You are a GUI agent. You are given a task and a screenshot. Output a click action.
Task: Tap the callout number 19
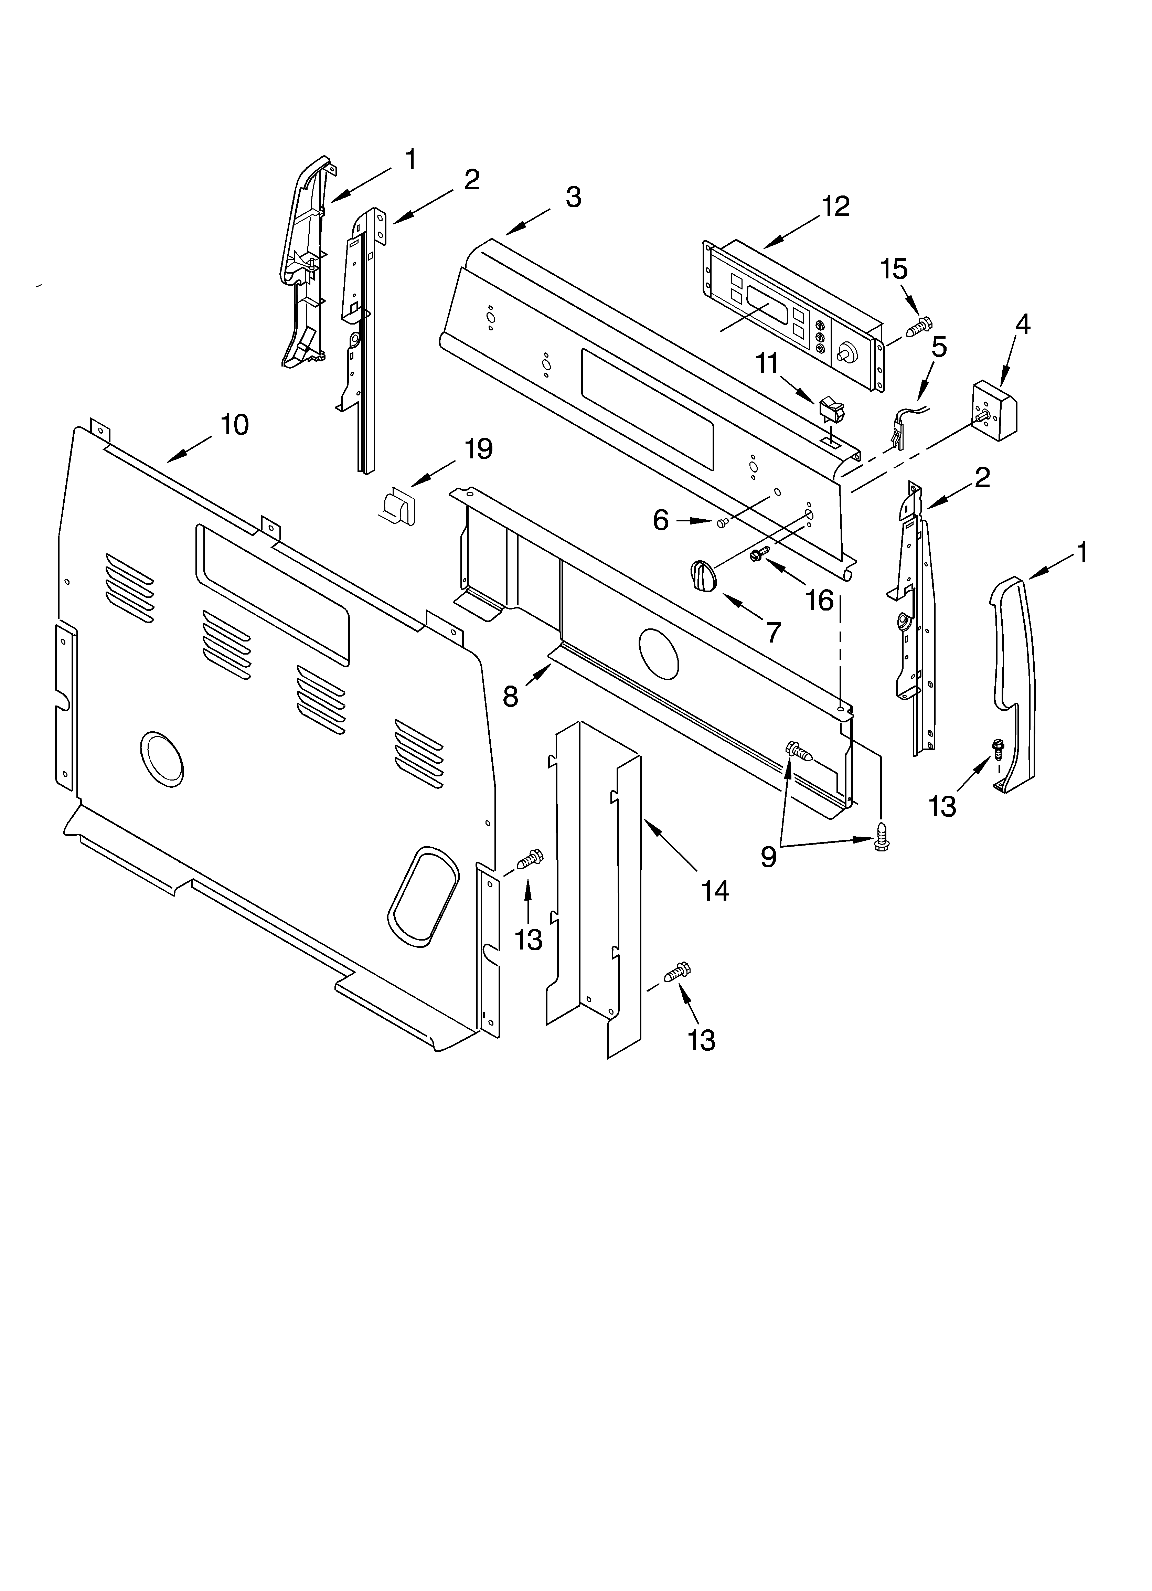(x=479, y=449)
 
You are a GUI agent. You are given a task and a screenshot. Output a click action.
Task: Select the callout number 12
(x=835, y=206)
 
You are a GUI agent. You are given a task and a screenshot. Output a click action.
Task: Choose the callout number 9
(x=769, y=857)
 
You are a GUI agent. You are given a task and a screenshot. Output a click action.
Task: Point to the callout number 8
(x=511, y=697)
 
